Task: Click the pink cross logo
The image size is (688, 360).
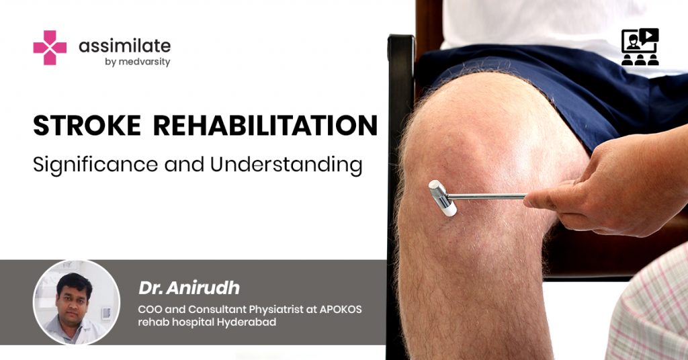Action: pos(50,48)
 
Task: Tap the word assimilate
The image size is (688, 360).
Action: pos(124,46)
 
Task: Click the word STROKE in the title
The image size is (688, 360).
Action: pos(87,126)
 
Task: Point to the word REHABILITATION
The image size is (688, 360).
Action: pos(265,126)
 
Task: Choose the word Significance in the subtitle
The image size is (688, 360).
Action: pos(95,165)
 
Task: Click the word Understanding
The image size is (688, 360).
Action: pos(286,165)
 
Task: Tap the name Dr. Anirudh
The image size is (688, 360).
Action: pos(189,288)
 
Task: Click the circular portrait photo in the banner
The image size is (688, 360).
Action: pos(77,302)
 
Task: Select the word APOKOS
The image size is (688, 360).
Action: pos(341,309)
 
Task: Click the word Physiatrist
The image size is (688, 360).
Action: pos(277,310)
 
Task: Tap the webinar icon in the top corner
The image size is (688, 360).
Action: pos(640,47)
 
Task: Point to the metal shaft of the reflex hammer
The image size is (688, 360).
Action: pos(486,197)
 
